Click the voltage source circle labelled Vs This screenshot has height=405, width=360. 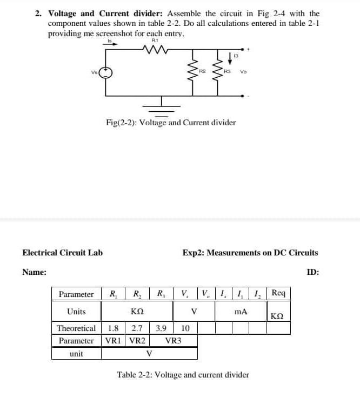[x=106, y=72]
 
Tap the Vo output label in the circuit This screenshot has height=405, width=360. [x=243, y=72]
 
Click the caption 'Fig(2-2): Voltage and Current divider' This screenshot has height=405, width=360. [x=171, y=123]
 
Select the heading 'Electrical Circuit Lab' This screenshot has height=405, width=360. [x=62, y=252]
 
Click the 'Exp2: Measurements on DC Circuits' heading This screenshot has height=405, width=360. [x=250, y=252]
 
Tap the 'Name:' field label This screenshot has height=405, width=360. [x=34, y=272]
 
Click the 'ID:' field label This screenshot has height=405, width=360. [x=313, y=272]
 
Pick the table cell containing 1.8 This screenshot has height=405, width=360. [x=114, y=328]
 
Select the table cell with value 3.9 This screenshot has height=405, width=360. [x=161, y=328]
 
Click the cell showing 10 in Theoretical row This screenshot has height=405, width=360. [x=185, y=328]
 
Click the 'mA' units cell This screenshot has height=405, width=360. [x=241, y=312]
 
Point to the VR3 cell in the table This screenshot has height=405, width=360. [x=173, y=341]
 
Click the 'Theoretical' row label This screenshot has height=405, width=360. [x=76, y=328]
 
